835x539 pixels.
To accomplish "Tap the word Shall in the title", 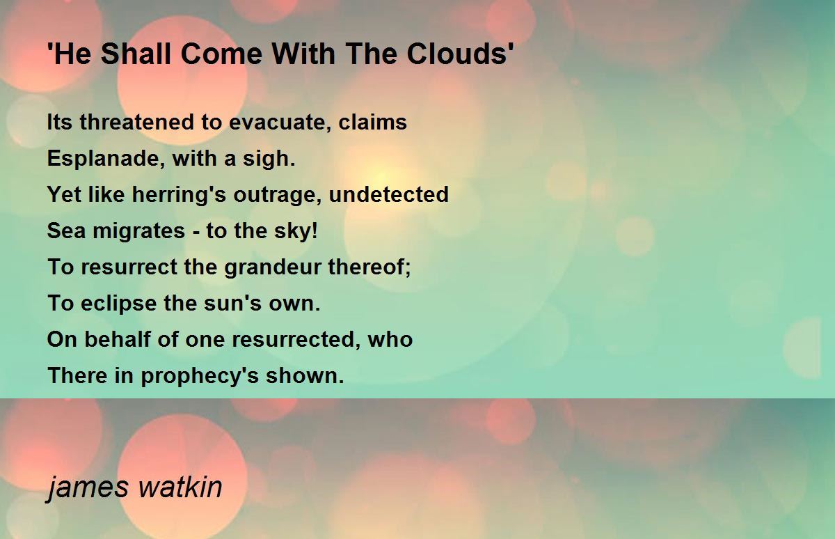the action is tap(136, 54).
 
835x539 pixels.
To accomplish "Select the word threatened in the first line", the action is tap(137, 122).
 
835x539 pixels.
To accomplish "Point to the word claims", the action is tap(372, 122).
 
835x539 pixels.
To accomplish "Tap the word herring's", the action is tap(179, 195).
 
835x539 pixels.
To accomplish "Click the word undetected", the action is tap(389, 194).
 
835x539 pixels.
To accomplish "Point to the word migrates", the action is tap(138, 231).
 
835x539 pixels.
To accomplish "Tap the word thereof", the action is tap(369, 267).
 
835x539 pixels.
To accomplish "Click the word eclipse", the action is tap(118, 304).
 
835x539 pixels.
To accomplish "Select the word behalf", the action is tap(118, 339).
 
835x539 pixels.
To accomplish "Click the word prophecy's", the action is tap(200, 376).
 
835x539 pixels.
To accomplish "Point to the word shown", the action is tap(305, 375).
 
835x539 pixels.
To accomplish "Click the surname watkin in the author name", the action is tap(180, 487).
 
